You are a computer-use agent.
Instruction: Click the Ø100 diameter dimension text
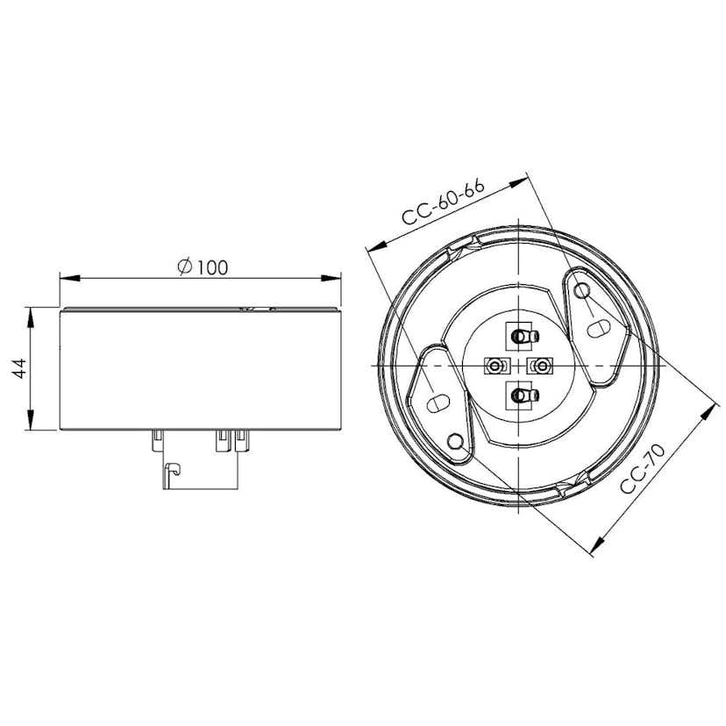[202, 267]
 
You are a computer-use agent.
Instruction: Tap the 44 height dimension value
[18, 368]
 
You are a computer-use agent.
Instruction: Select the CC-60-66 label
[444, 205]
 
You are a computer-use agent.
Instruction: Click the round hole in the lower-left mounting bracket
[456, 441]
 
